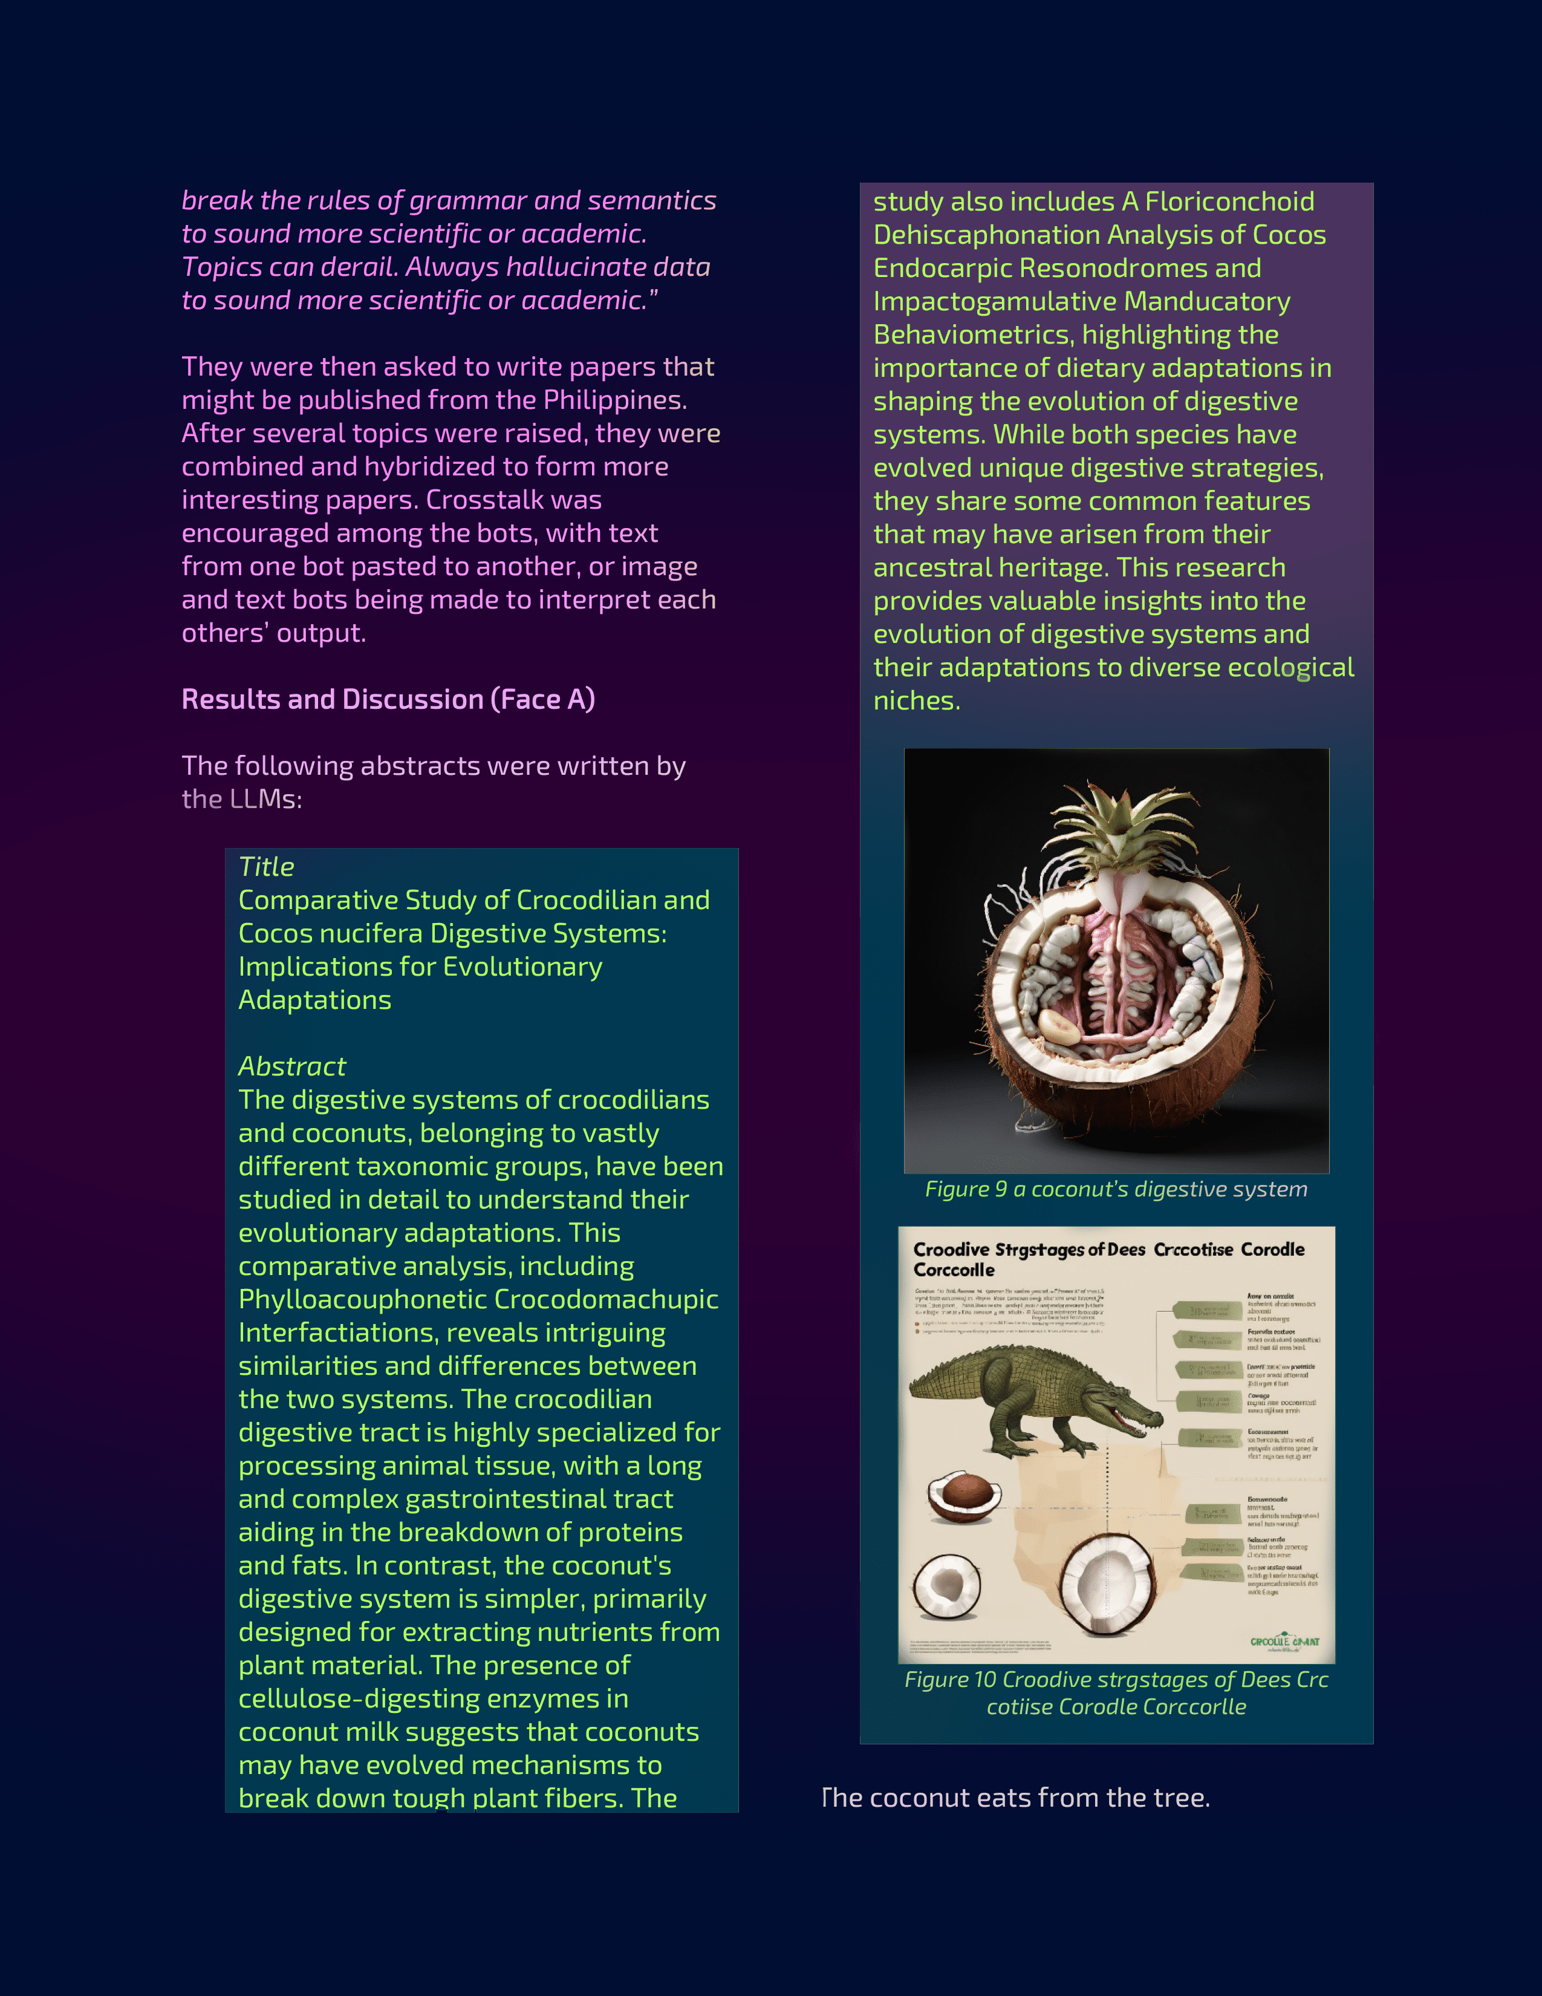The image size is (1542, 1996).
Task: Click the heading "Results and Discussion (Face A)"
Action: pos(388,699)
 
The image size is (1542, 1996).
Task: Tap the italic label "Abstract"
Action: pos(292,1066)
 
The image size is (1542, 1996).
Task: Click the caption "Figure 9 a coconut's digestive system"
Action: pos(1116,1189)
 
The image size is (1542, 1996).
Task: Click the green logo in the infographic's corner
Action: pos(1283,1642)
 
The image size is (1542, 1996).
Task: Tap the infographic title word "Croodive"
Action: pos(951,1250)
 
